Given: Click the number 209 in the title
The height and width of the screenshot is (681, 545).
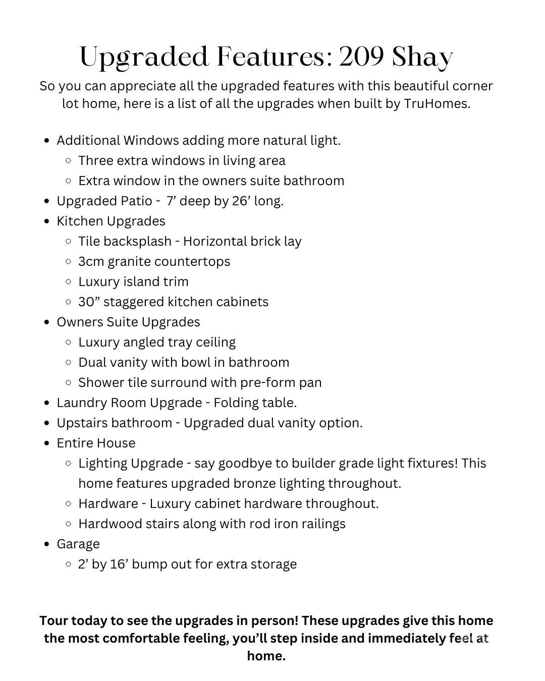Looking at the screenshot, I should click(361, 57).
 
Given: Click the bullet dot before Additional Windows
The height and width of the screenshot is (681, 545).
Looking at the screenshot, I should click(47, 141).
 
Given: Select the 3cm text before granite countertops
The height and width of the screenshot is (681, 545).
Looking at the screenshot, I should click(91, 261).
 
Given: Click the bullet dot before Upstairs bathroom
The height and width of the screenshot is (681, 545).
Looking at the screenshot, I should click(47, 423).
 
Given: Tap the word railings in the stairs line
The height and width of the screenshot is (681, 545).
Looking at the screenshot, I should click(323, 524).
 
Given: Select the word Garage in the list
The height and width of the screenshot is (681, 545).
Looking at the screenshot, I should click(78, 544).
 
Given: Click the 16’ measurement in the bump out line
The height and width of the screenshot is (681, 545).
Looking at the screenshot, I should click(117, 564).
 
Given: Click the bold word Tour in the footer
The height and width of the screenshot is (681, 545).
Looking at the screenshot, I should click(53, 620).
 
